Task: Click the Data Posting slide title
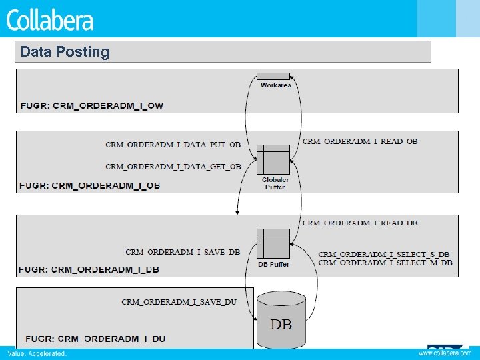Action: (65, 52)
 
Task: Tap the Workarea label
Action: (275, 85)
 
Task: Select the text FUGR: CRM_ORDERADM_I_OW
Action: (92, 105)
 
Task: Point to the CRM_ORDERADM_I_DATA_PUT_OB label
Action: (173, 144)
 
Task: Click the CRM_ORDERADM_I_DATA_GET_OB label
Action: (173, 166)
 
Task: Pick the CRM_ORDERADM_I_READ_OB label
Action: (360, 141)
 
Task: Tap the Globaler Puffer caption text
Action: (275, 183)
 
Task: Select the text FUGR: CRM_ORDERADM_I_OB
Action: (90, 185)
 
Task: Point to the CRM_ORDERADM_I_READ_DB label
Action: (360, 223)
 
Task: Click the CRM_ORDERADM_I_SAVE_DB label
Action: (183, 252)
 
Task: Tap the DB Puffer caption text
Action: (273, 264)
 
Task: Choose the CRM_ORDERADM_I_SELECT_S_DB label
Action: (384, 254)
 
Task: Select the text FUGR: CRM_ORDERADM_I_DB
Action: (90, 269)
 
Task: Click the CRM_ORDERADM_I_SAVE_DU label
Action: (179, 302)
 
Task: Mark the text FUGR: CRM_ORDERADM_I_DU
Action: (93, 339)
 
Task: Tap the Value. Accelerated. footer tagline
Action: (37, 353)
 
